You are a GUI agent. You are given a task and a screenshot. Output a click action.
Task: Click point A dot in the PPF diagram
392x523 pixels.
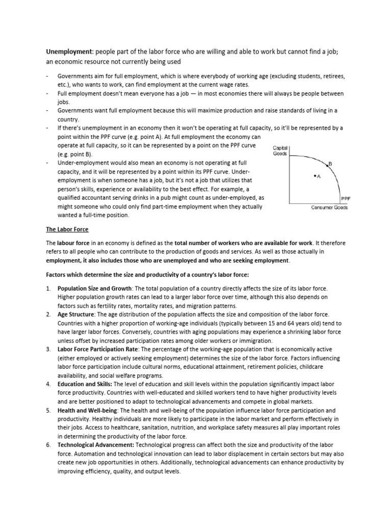coord(314,176)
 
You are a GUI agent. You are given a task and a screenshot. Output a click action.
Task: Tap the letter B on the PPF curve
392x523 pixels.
coord(330,163)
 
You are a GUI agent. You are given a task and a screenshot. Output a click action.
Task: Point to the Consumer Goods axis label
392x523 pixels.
coord(329,207)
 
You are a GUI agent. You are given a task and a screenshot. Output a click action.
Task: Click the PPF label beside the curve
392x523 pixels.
coord(345,198)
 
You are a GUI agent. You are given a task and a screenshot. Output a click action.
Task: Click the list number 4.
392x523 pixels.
coord(48,384)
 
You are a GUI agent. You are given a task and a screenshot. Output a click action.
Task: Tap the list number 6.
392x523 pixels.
coord(48,445)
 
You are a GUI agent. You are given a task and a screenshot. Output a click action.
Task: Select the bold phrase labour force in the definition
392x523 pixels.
coord(75,243)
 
